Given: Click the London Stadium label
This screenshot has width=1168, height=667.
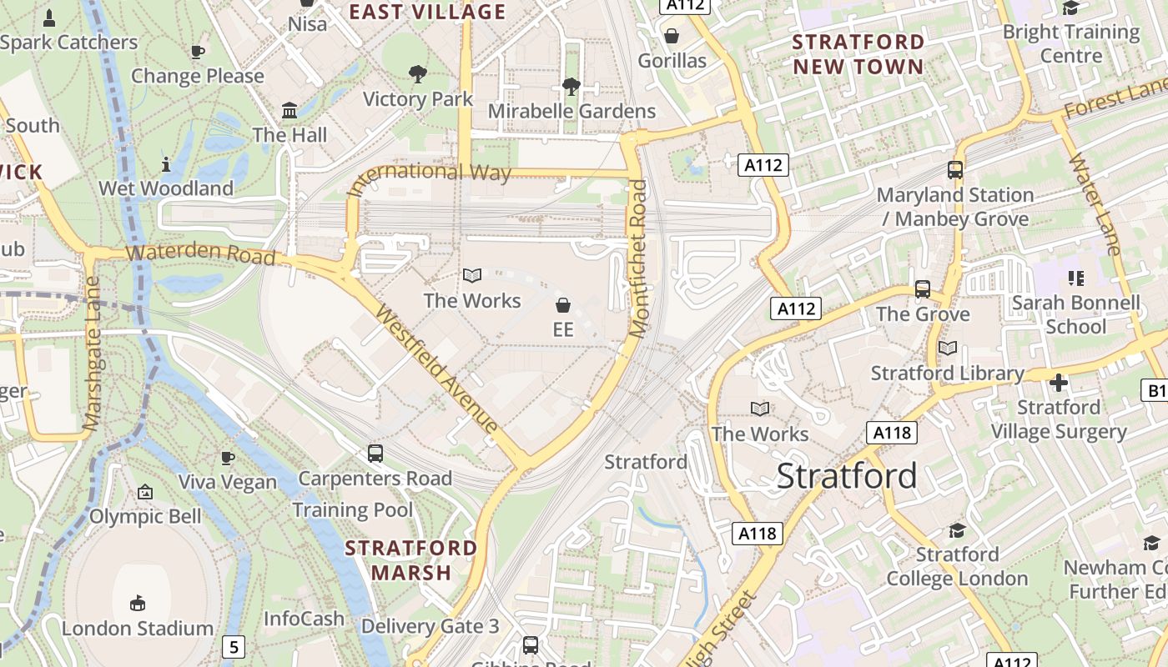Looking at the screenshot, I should (138, 628).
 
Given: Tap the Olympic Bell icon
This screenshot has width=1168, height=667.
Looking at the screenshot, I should (145, 492).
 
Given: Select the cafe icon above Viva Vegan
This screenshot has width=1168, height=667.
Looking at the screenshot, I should (227, 457).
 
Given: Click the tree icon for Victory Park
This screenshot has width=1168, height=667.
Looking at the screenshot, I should (418, 74).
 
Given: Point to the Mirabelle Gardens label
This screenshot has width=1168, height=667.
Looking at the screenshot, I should (571, 111).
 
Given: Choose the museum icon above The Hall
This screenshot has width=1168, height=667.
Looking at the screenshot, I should (289, 110).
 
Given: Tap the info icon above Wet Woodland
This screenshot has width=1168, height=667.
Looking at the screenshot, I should (166, 164).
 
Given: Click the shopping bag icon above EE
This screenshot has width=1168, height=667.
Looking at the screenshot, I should (563, 305).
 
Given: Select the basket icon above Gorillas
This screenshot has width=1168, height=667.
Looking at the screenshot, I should (672, 36).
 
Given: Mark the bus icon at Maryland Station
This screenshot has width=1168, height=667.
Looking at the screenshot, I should (955, 170).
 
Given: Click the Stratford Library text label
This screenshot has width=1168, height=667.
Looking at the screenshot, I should (947, 373).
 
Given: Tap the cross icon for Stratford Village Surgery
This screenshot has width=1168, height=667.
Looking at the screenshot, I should (1059, 383).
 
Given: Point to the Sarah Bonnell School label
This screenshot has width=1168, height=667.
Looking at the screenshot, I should (1075, 314).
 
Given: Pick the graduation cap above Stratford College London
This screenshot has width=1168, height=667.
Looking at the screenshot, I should (957, 530).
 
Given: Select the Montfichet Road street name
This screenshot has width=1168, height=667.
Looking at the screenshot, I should (638, 258).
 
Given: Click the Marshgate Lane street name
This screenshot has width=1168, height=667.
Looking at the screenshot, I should (93, 354).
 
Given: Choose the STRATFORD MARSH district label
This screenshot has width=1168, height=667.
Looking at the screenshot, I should (410, 560).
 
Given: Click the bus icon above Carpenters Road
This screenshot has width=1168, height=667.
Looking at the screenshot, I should (375, 454).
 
